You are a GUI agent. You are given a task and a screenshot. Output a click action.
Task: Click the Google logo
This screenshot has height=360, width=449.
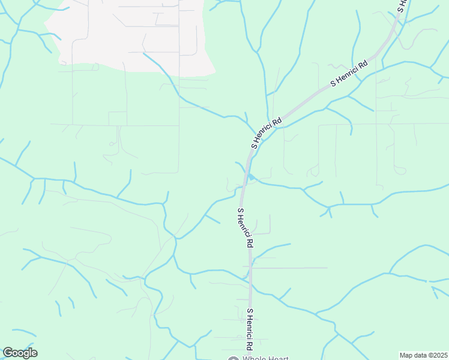[20, 353]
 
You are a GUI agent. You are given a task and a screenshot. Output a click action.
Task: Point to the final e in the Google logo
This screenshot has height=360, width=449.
[34, 353]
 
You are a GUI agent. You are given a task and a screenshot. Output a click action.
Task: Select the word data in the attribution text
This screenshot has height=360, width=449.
[420, 355]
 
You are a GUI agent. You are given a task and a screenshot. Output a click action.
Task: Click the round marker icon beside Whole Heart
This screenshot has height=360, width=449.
[234, 359]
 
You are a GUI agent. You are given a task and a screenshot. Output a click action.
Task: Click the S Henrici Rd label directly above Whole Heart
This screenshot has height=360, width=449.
[249, 329]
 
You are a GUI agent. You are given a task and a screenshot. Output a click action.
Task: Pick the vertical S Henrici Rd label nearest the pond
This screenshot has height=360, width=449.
[245, 228]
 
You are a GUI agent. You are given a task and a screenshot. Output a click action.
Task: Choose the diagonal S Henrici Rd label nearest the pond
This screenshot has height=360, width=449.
[267, 133]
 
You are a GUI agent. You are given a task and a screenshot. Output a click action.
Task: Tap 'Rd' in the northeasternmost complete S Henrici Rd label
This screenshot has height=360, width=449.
[362, 65]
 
